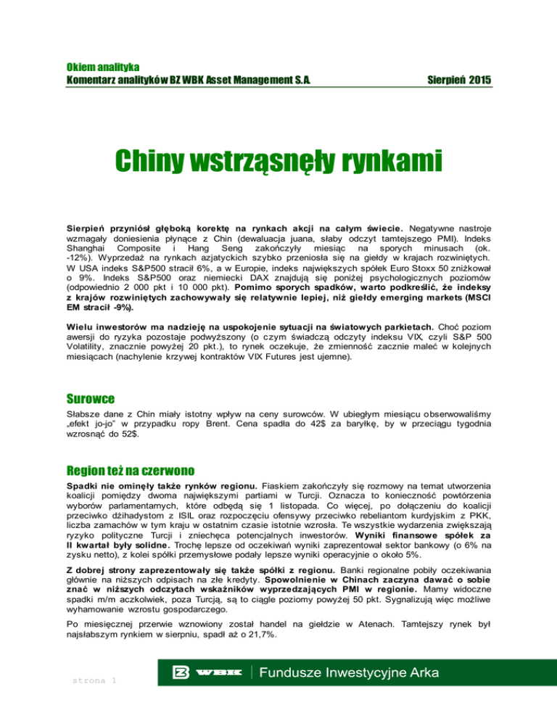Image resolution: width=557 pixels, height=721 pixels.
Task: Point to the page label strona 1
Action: pyautogui.click(x=93, y=680)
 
